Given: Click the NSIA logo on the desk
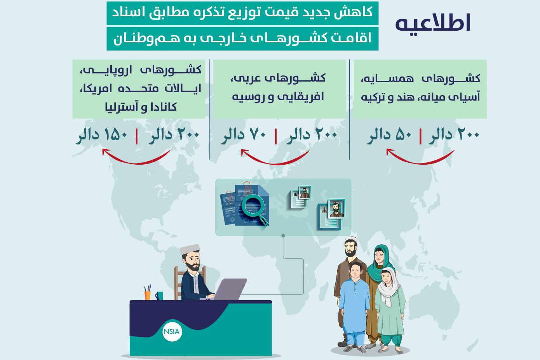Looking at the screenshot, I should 172,331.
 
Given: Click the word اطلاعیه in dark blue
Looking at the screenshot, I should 433,23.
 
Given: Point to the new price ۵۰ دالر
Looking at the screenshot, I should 390,135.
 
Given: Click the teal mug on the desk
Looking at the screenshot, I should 159,296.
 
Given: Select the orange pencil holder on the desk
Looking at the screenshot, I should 147,295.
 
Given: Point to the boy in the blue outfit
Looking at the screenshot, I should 354,303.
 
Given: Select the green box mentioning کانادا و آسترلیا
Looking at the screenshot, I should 139,89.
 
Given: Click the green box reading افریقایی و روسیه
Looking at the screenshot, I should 279,89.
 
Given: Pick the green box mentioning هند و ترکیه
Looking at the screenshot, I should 420,89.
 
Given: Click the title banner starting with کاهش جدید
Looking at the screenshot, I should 242,13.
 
